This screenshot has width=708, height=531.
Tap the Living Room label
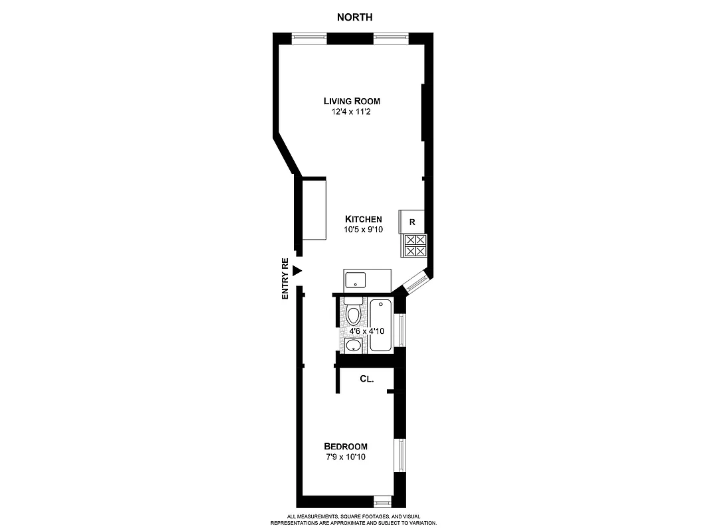[352, 101]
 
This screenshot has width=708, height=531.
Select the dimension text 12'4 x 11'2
[352, 112]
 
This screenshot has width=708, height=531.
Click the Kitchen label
[363, 219]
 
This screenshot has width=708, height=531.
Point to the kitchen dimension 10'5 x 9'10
[363, 230]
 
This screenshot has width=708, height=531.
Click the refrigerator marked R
[411, 222]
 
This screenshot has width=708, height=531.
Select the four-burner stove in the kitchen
[415, 246]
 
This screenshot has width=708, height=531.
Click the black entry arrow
[297, 270]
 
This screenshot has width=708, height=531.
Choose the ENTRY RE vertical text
[285, 278]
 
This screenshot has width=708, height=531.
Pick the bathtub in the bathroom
[380, 325]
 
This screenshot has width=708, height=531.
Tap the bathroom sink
[353, 345]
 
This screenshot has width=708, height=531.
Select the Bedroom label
[345, 446]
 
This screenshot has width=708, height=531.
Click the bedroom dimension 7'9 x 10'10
[345, 457]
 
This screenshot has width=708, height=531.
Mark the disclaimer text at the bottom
[353, 520]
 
